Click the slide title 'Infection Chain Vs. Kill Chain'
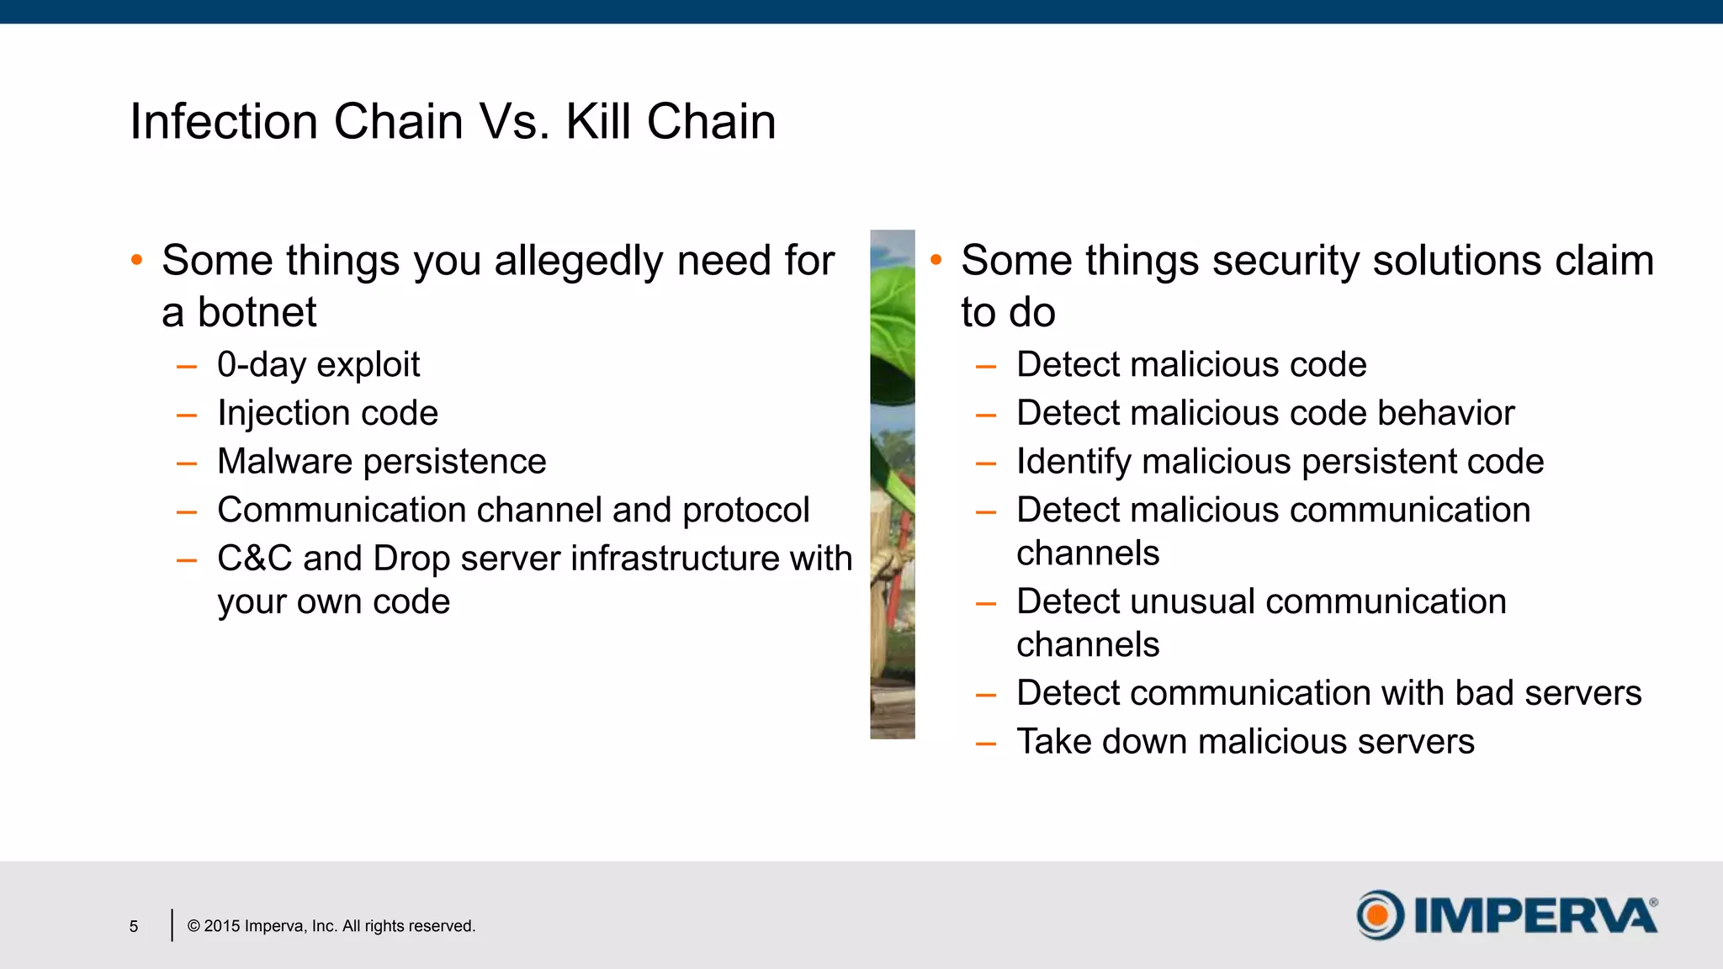(453, 121)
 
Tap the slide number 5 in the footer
(134, 926)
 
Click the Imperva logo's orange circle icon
(1379, 914)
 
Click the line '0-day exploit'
(318, 365)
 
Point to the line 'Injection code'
(327, 413)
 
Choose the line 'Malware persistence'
(381, 462)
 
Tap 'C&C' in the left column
(254, 559)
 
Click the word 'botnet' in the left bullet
(257, 313)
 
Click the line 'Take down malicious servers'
(1245, 742)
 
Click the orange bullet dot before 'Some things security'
(936, 260)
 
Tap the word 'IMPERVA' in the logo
(1535, 916)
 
